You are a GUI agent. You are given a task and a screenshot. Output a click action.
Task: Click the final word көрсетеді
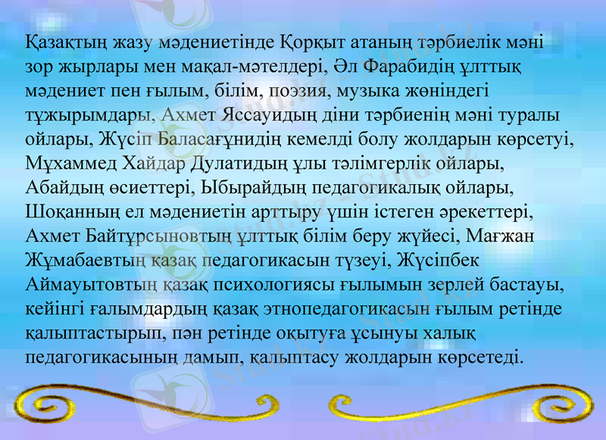click(x=477, y=356)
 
